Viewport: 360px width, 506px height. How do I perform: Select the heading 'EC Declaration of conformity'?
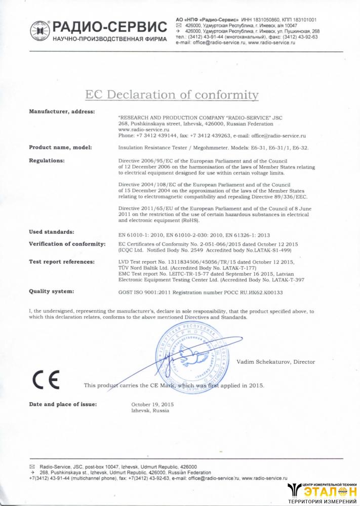tap(172, 95)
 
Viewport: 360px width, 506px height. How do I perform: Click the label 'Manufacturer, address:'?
tap(62, 111)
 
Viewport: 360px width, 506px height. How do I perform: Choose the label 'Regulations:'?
tap(47, 160)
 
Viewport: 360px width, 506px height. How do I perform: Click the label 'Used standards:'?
tap(52, 232)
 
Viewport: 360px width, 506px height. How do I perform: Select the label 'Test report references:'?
tap(62, 262)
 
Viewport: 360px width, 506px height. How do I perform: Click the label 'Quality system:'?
tap(52, 291)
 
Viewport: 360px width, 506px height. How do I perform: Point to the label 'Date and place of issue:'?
tap(63, 404)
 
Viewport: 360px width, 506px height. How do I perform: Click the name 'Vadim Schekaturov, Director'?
tap(275, 362)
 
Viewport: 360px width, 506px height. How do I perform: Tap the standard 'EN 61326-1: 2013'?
tap(247, 235)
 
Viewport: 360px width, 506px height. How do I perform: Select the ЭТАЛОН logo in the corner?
tap(322, 491)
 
